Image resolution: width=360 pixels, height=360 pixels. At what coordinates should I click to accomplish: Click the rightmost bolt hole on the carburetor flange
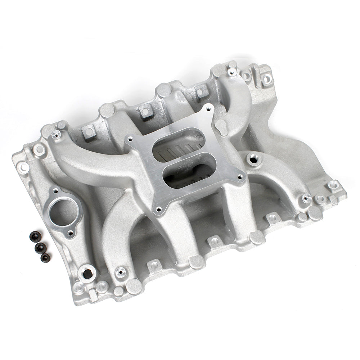(x=240, y=176)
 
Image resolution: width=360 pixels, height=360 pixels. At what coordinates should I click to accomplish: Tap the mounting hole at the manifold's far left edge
(x=24, y=167)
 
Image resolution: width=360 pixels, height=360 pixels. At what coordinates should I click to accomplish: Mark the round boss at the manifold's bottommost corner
(x=134, y=287)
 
